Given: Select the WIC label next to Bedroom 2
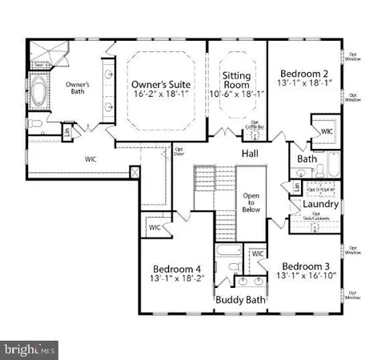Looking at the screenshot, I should [x=327, y=131].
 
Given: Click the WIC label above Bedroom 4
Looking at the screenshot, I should [x=155, y=228].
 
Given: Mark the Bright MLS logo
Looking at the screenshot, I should [x=30, y=349].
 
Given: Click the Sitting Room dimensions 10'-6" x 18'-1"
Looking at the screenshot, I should [x=237, y=95].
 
